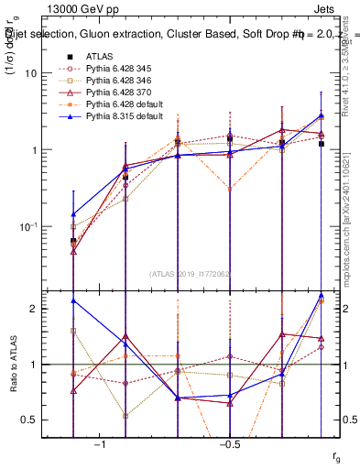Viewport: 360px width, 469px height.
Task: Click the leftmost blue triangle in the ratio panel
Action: tap(73, 300)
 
